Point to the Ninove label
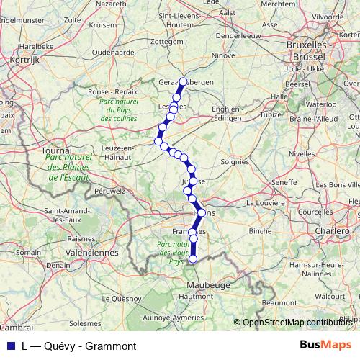(x=224, y=55)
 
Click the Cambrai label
(x=16, y=328)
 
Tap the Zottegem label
(x=168, y=61)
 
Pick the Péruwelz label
(x=109, y=192)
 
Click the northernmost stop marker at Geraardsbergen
(x=183, y=81)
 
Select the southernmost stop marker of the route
(x=192, y=258)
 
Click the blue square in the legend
(x=9, y=346)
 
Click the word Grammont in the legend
(x=112, y=346)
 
